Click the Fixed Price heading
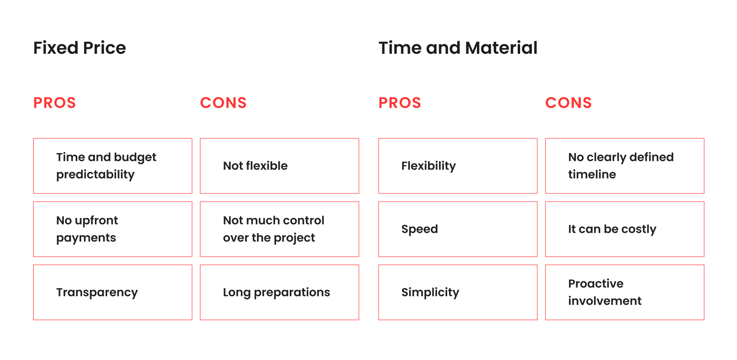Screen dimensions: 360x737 point(80,48)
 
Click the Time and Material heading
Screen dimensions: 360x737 point(458,48)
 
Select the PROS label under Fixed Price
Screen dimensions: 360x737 point(55,103)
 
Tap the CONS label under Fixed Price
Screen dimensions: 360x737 point(223,103)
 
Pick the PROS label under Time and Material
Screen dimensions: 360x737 point(400,103)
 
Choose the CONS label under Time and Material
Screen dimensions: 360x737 point(568,103)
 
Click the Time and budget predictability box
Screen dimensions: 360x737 point(112,166)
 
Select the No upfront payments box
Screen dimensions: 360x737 point(112,229)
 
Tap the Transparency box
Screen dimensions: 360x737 point(112,292)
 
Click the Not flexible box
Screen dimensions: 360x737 point(279,166)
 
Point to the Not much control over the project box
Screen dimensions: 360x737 point(279,229)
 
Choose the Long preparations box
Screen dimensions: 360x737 point(279,292)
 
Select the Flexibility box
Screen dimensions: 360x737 point(457,166)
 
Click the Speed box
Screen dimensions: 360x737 point(457,229)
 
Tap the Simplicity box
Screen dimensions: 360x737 point(457,292)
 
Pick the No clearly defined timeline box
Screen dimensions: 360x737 point(624,166)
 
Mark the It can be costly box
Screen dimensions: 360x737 point(624,229)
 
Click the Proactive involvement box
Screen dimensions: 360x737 point(624,292)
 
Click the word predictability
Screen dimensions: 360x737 point(95,175)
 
